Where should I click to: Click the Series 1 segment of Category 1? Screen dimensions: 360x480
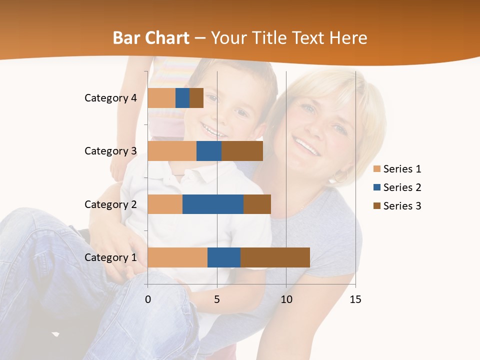click(177, 257)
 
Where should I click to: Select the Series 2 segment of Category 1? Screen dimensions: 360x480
click(224, 257)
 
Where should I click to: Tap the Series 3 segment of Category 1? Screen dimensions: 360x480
click(275, 257)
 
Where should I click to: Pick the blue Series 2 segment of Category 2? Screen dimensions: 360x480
click(213, 204)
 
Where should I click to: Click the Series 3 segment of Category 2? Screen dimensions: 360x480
click(257, 204)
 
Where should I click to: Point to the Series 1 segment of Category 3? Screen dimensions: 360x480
click(172, 151)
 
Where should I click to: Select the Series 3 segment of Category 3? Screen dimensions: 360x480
click(242, 151)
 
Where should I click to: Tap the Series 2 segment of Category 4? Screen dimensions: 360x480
click(182, 98)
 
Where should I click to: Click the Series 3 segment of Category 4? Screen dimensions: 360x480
click(196, 98)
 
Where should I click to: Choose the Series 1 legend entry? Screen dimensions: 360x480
click(397, 169)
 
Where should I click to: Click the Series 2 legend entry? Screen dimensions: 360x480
click(397, 187)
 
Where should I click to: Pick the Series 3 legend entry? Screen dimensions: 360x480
click(397, 206)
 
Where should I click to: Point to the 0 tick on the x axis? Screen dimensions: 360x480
click(148, 299)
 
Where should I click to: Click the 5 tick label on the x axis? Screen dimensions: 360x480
click(217, 299)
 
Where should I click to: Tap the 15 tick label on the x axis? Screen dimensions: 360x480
click(355, 299)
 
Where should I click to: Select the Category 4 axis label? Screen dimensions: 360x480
click(110, 98)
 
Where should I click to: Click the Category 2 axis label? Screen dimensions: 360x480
click(110, 204)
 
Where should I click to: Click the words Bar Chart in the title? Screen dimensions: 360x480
click(151, 38)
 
